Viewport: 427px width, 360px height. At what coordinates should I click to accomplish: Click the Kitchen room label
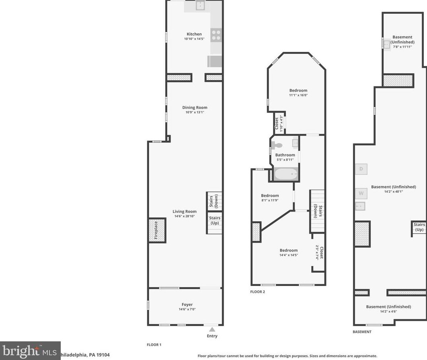pyautogui.click(x=194, y=34)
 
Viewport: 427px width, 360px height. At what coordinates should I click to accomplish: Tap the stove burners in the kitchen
pyautogui.click(x=216, y=35)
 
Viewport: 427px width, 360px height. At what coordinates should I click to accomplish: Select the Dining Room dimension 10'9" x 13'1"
pyautogui.click(x=195, y=112)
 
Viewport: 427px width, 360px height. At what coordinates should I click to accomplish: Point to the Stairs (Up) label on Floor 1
pyautogui.click(x=214, y=220)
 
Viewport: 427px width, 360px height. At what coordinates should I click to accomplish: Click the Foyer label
pyautogui.click(x=187, y=304)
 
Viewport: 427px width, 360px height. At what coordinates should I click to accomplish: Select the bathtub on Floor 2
pyautogui.click(x=286, y=175)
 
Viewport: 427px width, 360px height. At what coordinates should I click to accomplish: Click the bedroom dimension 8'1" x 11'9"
pyautogui.click(x=270, y=200)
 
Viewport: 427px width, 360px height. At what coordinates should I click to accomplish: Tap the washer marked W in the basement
pyautogui.click(x=361, y=193)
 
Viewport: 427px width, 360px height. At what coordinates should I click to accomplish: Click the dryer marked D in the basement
pyautogui.click(x=361, y=169)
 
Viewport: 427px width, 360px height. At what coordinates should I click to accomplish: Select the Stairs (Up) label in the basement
pyautogui.click(x=419, y=227)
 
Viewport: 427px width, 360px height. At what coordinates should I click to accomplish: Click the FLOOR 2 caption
pyautogui.click(x=257, y=292)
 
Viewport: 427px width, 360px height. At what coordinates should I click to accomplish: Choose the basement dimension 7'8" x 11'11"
pyautogui.click(x=402, y=47)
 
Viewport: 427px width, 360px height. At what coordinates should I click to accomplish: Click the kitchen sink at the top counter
pyautogui.click(x=200, y=6)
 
